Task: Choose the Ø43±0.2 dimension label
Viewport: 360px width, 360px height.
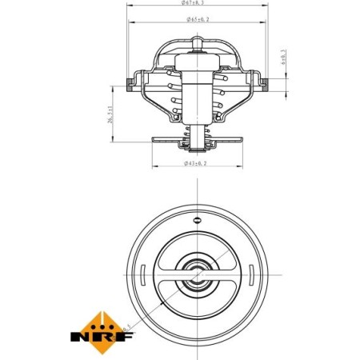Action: click(x=196, y=163)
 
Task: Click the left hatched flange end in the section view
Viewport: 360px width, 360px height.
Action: click(x=132, y=82)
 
